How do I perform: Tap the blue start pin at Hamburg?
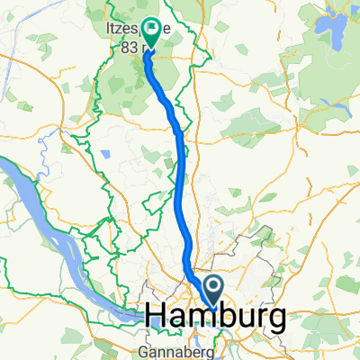[216, 290]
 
